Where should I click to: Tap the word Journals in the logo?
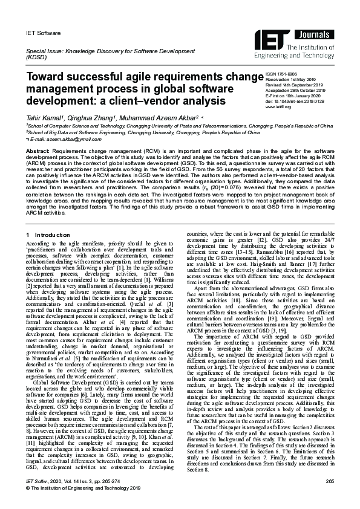[318, 35]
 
